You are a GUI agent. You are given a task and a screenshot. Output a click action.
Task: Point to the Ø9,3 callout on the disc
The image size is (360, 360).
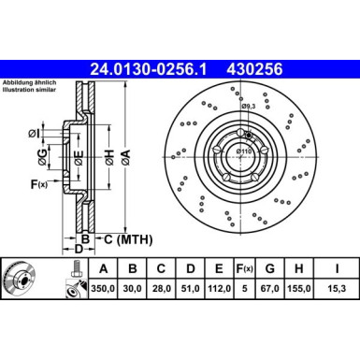click(x=249, y=106)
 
